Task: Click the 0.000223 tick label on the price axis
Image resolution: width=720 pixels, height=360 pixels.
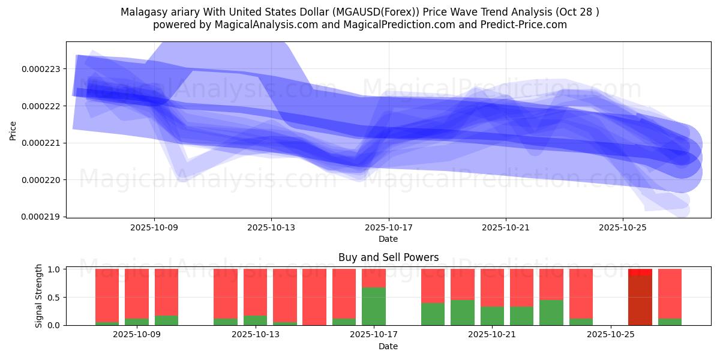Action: (x=41, y=69)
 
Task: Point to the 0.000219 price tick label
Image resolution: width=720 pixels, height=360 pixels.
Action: (x=41, y=217)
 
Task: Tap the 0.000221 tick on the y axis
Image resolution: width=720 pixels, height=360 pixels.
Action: (x=41, y=143)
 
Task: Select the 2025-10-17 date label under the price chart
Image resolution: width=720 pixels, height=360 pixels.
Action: (x=388, y=228)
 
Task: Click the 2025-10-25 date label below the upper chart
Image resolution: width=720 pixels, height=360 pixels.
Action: (x=622, y=228)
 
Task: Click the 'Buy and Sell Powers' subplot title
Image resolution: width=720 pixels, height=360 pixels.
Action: (x=388, y=257)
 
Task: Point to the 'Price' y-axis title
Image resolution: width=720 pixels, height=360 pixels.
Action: (x=13, y=130)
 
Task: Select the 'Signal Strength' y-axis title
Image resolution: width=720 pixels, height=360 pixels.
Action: (x=39, y=296)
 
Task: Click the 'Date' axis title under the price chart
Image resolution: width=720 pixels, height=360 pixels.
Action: (x=388, y=239)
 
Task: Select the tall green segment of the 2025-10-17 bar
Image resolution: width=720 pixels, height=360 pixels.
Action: (x=374, y=306)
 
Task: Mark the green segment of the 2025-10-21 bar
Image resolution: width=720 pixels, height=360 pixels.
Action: (x=492, y=316)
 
